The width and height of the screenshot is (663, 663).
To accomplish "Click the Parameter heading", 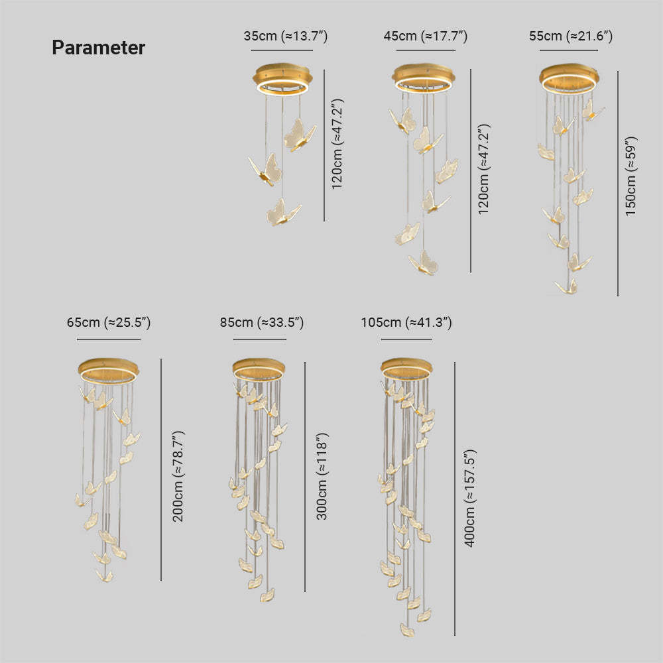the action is pos(99,47).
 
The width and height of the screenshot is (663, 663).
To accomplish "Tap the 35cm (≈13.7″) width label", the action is pos(285,36).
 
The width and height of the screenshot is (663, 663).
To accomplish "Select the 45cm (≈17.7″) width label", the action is pos(426,36).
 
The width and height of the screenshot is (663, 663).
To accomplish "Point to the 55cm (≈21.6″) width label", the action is pos(571,36).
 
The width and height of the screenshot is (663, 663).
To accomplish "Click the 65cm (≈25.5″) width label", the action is pos(109,323).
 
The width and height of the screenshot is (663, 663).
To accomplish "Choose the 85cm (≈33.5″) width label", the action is pos(262,323).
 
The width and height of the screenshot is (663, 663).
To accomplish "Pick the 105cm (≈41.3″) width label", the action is pos(406,323).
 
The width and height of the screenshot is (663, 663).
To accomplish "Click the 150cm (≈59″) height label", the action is pos(631,176).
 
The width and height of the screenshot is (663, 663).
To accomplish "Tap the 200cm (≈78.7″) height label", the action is pos(178,477).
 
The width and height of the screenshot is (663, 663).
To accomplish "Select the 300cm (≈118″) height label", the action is pos(322,476).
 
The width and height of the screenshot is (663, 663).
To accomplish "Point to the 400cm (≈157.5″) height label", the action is pos(470,499).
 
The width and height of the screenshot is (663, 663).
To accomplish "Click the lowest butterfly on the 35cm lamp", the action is pos(282,212).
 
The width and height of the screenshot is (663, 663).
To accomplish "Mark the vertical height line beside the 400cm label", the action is pos(455,499).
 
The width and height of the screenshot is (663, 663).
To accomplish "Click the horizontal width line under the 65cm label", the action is pos(109,339).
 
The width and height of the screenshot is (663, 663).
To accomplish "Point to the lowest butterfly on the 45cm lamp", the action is pos(424,263).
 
